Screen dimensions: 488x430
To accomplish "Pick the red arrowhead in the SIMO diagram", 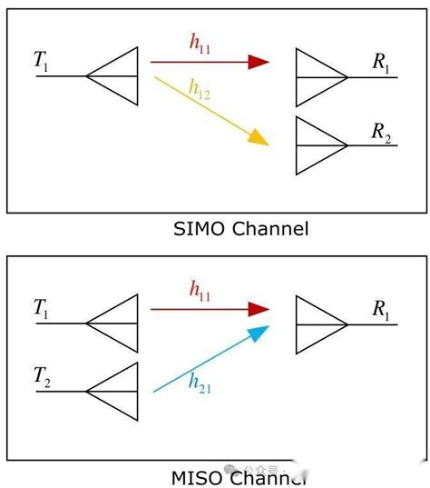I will click(x=259, y=62).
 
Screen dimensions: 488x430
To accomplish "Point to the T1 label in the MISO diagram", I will click(x=42, y=308).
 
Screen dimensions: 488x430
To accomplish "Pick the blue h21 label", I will click(x=200, y=385).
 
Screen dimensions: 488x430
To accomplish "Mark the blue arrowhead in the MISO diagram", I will click(x=259, y=334).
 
